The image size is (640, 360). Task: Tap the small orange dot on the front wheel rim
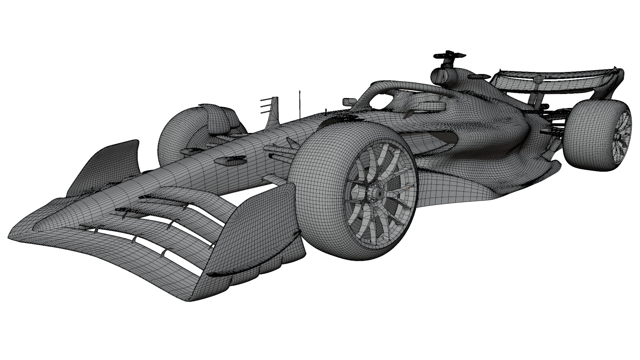coord(407,188)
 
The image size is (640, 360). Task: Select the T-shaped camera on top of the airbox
coord(449,55)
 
